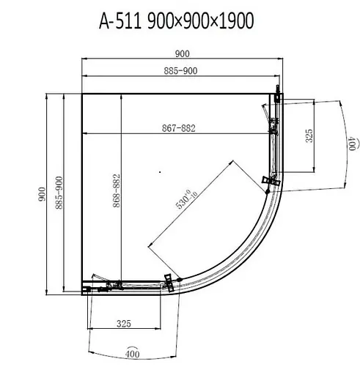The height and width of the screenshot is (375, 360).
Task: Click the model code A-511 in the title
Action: [120, 21]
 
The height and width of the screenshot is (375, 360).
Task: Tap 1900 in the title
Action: [236, 21]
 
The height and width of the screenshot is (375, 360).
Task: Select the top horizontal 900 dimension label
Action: [183, 53]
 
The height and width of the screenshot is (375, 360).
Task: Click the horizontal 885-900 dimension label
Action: [180, 71]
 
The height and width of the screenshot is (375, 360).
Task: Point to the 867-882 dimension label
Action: [179, 128]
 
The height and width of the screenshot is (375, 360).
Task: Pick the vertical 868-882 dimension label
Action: [117, 190]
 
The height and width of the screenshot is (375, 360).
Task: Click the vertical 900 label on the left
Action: [42, 194]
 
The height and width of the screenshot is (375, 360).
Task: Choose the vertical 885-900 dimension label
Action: [59, 193]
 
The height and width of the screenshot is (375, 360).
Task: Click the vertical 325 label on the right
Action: [309, 135]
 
